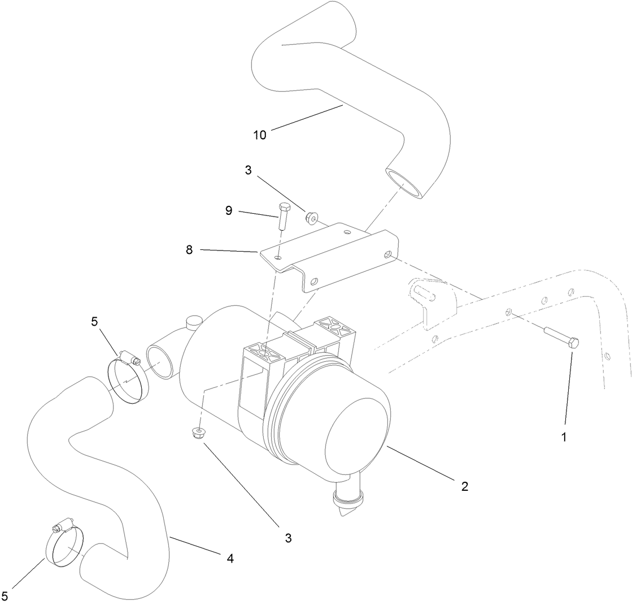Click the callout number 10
[x=260, y=135]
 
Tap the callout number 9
[x=229, y=211]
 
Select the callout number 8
[x=189, y=249]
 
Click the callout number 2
[x=464, y=486]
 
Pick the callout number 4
[x=230, y=559]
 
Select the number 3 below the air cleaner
[x=288, y=538]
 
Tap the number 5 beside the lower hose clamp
[x=5, y=595]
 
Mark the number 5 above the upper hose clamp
[x=94, y=322]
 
